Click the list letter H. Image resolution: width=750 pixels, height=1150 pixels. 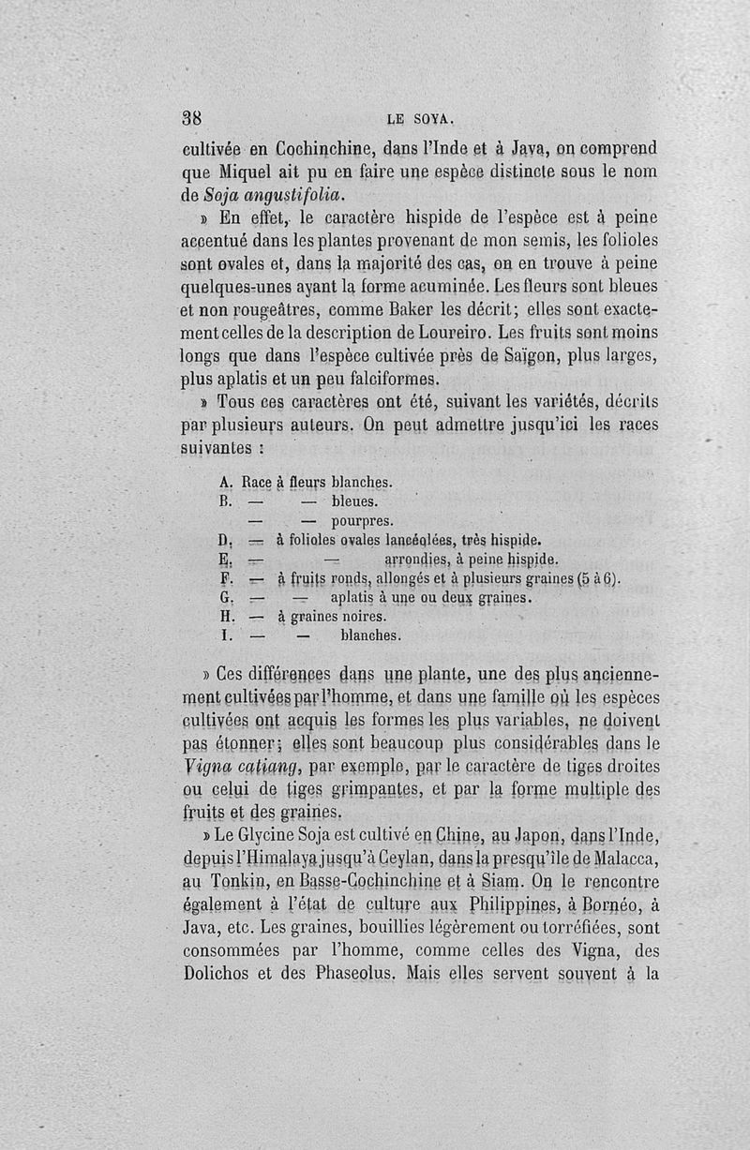pyautogui.click(x=225, y=617)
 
